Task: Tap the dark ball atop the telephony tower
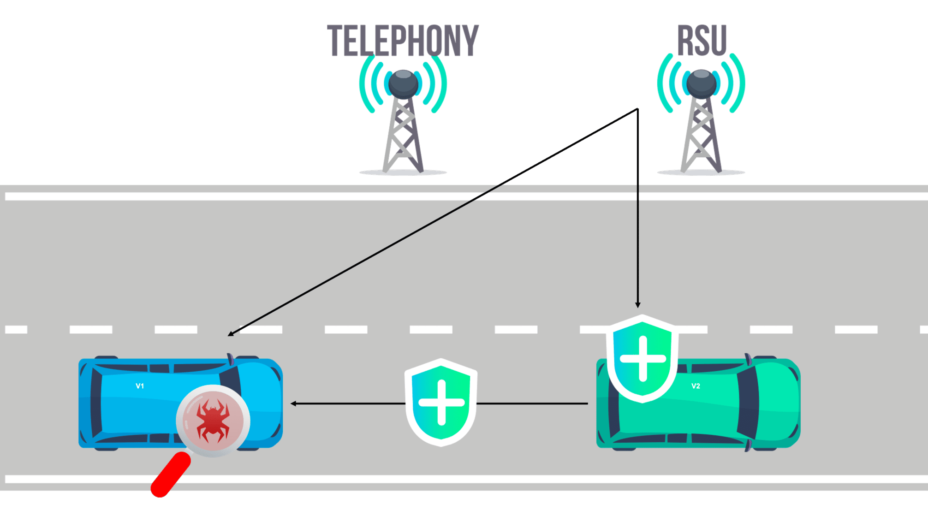[x=403, y=84]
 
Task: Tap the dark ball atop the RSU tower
[x=701, y=84]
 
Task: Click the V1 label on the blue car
[x=140, y=386]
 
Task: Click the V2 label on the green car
[x=696, y=386]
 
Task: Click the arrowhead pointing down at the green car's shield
[x=637, y=305]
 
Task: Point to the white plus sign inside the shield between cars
[x=441, y=402]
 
